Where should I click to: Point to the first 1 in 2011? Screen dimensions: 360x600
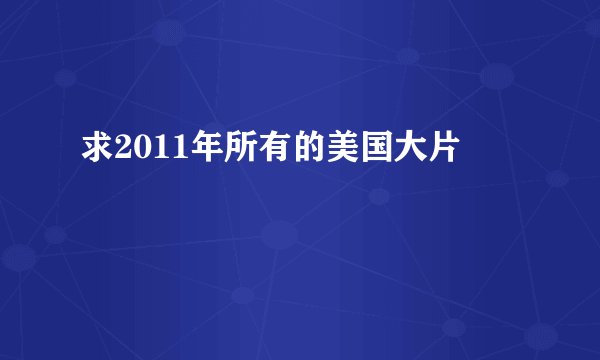click(153, 152)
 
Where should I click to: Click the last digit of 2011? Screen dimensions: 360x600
click(168, 152)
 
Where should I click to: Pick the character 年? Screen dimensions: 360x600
click(192, 152)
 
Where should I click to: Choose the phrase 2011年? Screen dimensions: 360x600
click(161, 152)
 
